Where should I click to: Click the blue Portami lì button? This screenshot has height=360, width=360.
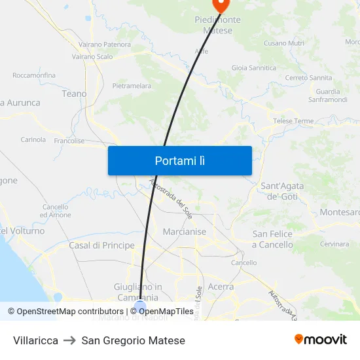pos(179,160)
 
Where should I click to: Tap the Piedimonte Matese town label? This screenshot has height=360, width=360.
pos(217,25)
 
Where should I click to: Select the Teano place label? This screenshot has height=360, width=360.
pos(74,94)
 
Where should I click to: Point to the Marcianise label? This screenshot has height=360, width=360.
pos(184,232)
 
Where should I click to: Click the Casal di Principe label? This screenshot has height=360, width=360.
pos(101,245)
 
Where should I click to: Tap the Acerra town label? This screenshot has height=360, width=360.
pos(220,287)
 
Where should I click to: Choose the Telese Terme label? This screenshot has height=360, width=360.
pos(293,121)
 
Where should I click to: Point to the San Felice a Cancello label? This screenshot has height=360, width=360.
pos(272,239)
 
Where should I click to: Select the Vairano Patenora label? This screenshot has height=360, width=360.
pos(105,44)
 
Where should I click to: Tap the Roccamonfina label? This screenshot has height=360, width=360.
pos(33,75)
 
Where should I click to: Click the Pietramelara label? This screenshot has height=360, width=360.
pos(132,86)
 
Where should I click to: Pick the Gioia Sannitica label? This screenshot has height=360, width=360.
pos(253,67)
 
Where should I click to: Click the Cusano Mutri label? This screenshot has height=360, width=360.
pos(283,43)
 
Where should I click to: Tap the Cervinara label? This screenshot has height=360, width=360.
pos(334,244)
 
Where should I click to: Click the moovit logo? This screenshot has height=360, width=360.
pos(320,340)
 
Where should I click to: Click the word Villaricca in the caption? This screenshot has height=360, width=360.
pos(35,340)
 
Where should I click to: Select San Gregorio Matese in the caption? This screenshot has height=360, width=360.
pos(134,340)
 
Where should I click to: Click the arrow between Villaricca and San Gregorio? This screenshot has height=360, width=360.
pos(70,340)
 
